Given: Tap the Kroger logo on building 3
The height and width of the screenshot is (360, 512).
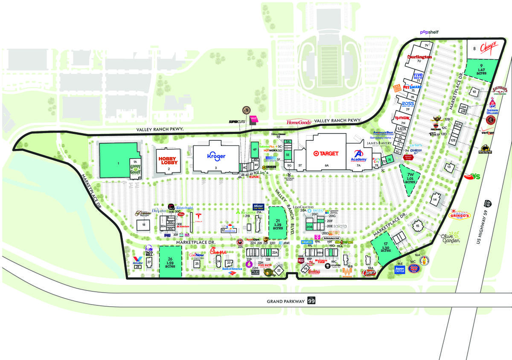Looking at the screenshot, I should point(216,157).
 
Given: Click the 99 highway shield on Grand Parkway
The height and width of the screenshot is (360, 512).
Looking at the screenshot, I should point(311,301).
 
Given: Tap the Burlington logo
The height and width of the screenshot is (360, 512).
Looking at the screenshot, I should point(419,57).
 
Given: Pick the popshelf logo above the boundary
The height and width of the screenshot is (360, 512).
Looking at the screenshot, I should point(428,32).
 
